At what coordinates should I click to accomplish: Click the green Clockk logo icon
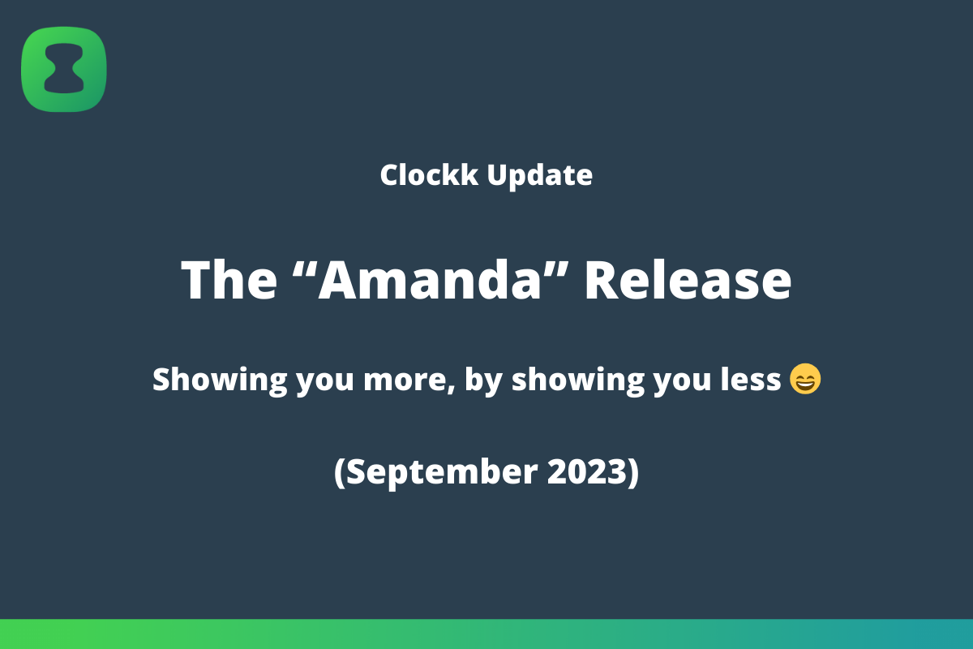[x=64, y=69]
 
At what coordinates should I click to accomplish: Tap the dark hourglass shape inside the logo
[x=64, y=70]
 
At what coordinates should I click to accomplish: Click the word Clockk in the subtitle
[x=429, y=174]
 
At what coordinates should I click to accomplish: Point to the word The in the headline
[x=229, y=280]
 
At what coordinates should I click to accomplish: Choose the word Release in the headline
[x=688, y=280]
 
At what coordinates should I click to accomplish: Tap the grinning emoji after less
[x=804, y=379]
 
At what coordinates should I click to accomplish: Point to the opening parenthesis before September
[x=339, y=472]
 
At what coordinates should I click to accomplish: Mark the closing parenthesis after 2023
[x=633, y=472]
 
